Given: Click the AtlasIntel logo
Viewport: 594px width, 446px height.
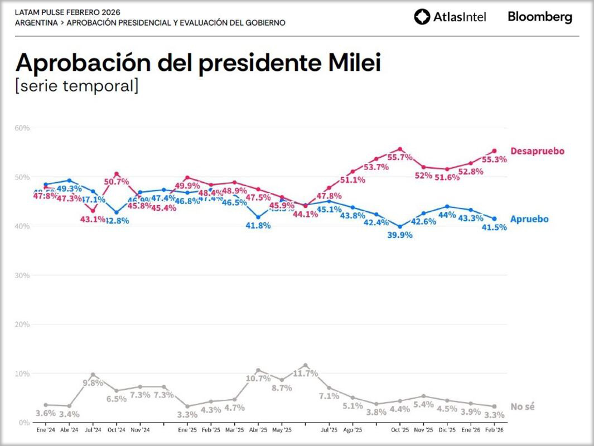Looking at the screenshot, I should click(x=450, y=17).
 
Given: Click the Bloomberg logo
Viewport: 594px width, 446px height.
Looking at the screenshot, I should click(x=539, y=17).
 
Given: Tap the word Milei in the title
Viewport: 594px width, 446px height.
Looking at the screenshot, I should click(x=351, y=63).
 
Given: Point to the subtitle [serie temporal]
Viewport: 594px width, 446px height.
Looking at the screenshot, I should click(x=77, y=86).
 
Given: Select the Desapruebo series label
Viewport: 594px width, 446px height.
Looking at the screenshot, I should click(x=537, y=151).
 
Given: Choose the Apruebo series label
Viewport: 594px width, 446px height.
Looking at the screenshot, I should click(x=529, y=219).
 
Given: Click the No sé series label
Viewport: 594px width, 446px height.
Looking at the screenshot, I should click(x=523, y=407).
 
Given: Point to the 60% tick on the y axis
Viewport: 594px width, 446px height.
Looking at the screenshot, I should click(x=22, y=128).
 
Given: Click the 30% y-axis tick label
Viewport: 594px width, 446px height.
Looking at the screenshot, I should click(x=22, y=275).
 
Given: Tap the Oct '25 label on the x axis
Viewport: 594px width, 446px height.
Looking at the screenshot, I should click(x=399, y=430).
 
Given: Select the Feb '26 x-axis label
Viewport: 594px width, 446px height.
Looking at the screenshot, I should click(x=494, y=430).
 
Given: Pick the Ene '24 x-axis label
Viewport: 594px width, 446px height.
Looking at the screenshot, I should click(x=45, y=430).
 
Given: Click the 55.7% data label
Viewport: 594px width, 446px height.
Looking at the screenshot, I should click(x=400, y=157).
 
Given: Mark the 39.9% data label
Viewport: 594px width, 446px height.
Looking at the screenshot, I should click(x=399, y=235).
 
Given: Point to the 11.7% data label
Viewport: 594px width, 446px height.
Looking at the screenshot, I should click(x=305, y=374).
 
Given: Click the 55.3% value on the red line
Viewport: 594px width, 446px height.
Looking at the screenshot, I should click(x=494, y=159).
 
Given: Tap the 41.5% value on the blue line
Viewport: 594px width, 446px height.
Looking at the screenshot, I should click(x=494, y=227).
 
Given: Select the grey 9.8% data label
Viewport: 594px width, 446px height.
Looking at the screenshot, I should click(x=93, y=383).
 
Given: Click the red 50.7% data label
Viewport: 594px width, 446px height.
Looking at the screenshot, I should click(x=117, y=182).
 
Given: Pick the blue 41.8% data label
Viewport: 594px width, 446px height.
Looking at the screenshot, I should click(x=258, y=226).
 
